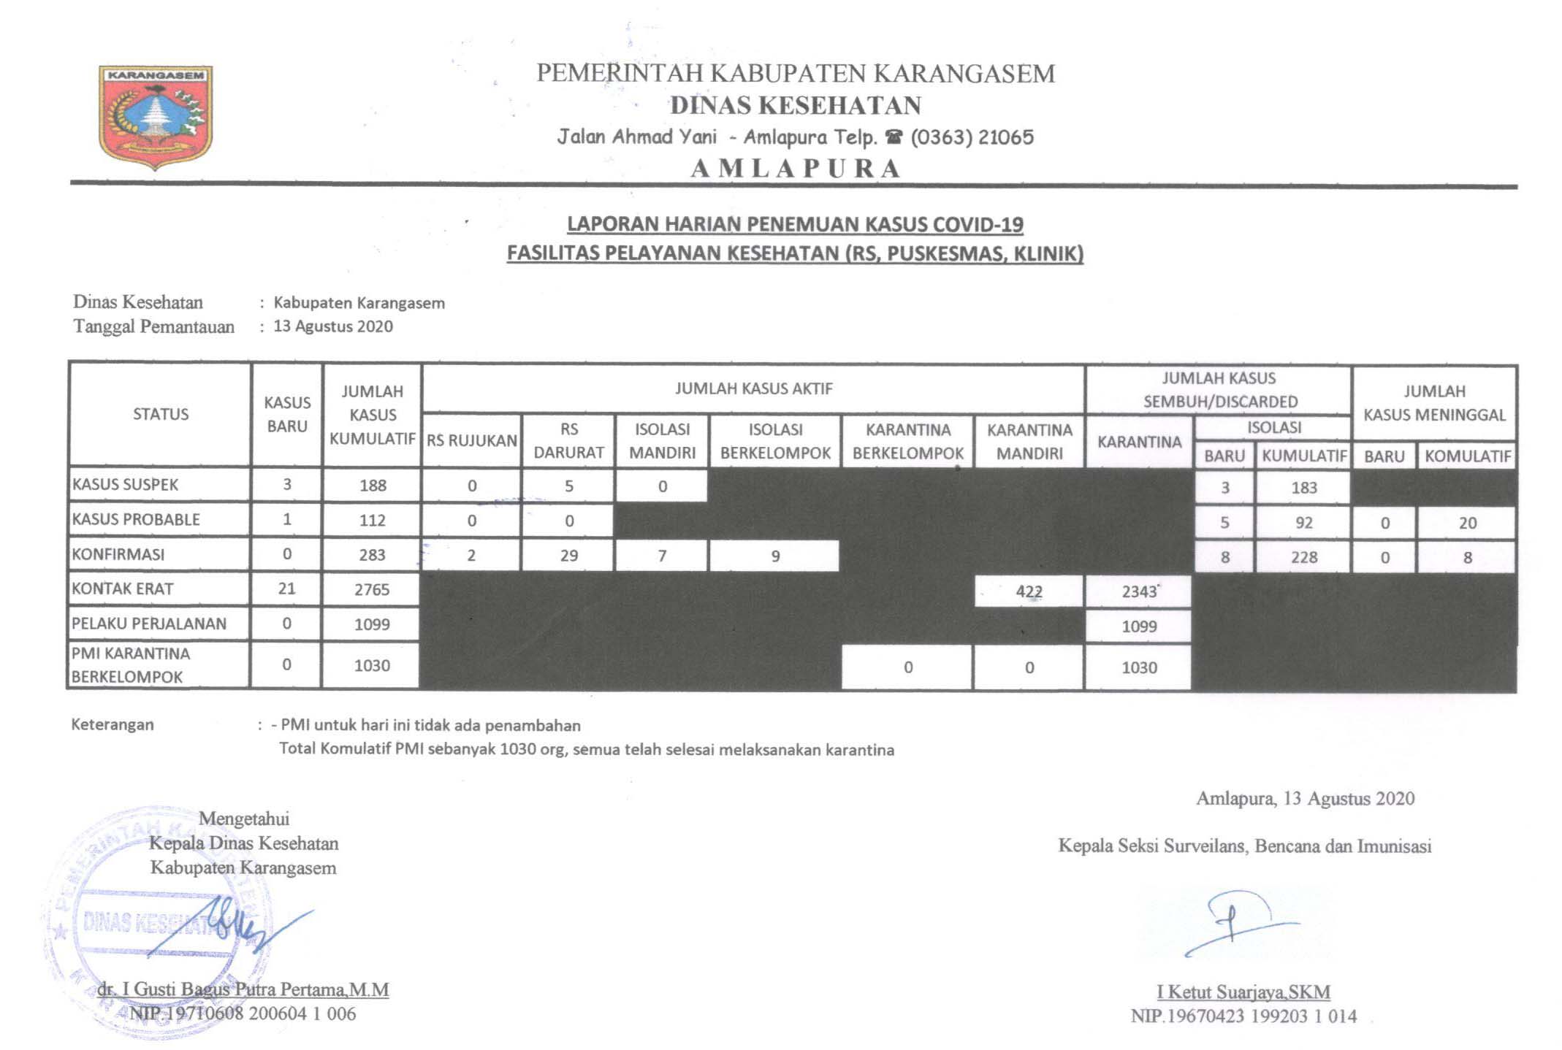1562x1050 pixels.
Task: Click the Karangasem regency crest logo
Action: click(x=156, y=116)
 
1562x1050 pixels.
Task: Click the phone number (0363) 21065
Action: click(x=972, y=137)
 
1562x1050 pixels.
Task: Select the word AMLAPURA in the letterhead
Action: click(x=796, y=169)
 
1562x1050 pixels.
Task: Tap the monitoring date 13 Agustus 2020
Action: click(x=333, y=326)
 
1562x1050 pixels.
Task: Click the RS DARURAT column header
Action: click(x=568, y=441)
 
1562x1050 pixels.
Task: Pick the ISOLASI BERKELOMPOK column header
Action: click(x=775, y=441)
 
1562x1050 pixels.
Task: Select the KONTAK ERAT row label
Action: click(x=123, y=589)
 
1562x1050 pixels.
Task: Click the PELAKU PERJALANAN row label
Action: click(x=149, y=624)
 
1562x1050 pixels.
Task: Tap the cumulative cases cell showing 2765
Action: click(x=372, y=589)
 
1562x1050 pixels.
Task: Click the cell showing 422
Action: click(x=1029, y=591)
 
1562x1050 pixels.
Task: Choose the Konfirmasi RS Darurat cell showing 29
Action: click(x=568, y=556)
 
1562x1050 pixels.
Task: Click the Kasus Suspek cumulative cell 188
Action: click(x=373, y=486)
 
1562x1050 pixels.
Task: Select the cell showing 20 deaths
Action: click(x=1467, y=523)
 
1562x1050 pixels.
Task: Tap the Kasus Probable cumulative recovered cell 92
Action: click(x=1303, y=523)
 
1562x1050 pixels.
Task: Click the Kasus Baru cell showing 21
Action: click(x=286, y=589)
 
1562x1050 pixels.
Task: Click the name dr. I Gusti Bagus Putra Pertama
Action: click(x=243, y=989)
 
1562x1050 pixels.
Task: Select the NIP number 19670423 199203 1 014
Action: click(x=1243, y=1016)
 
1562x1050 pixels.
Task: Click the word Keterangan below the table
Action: click(x=113, y=725)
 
